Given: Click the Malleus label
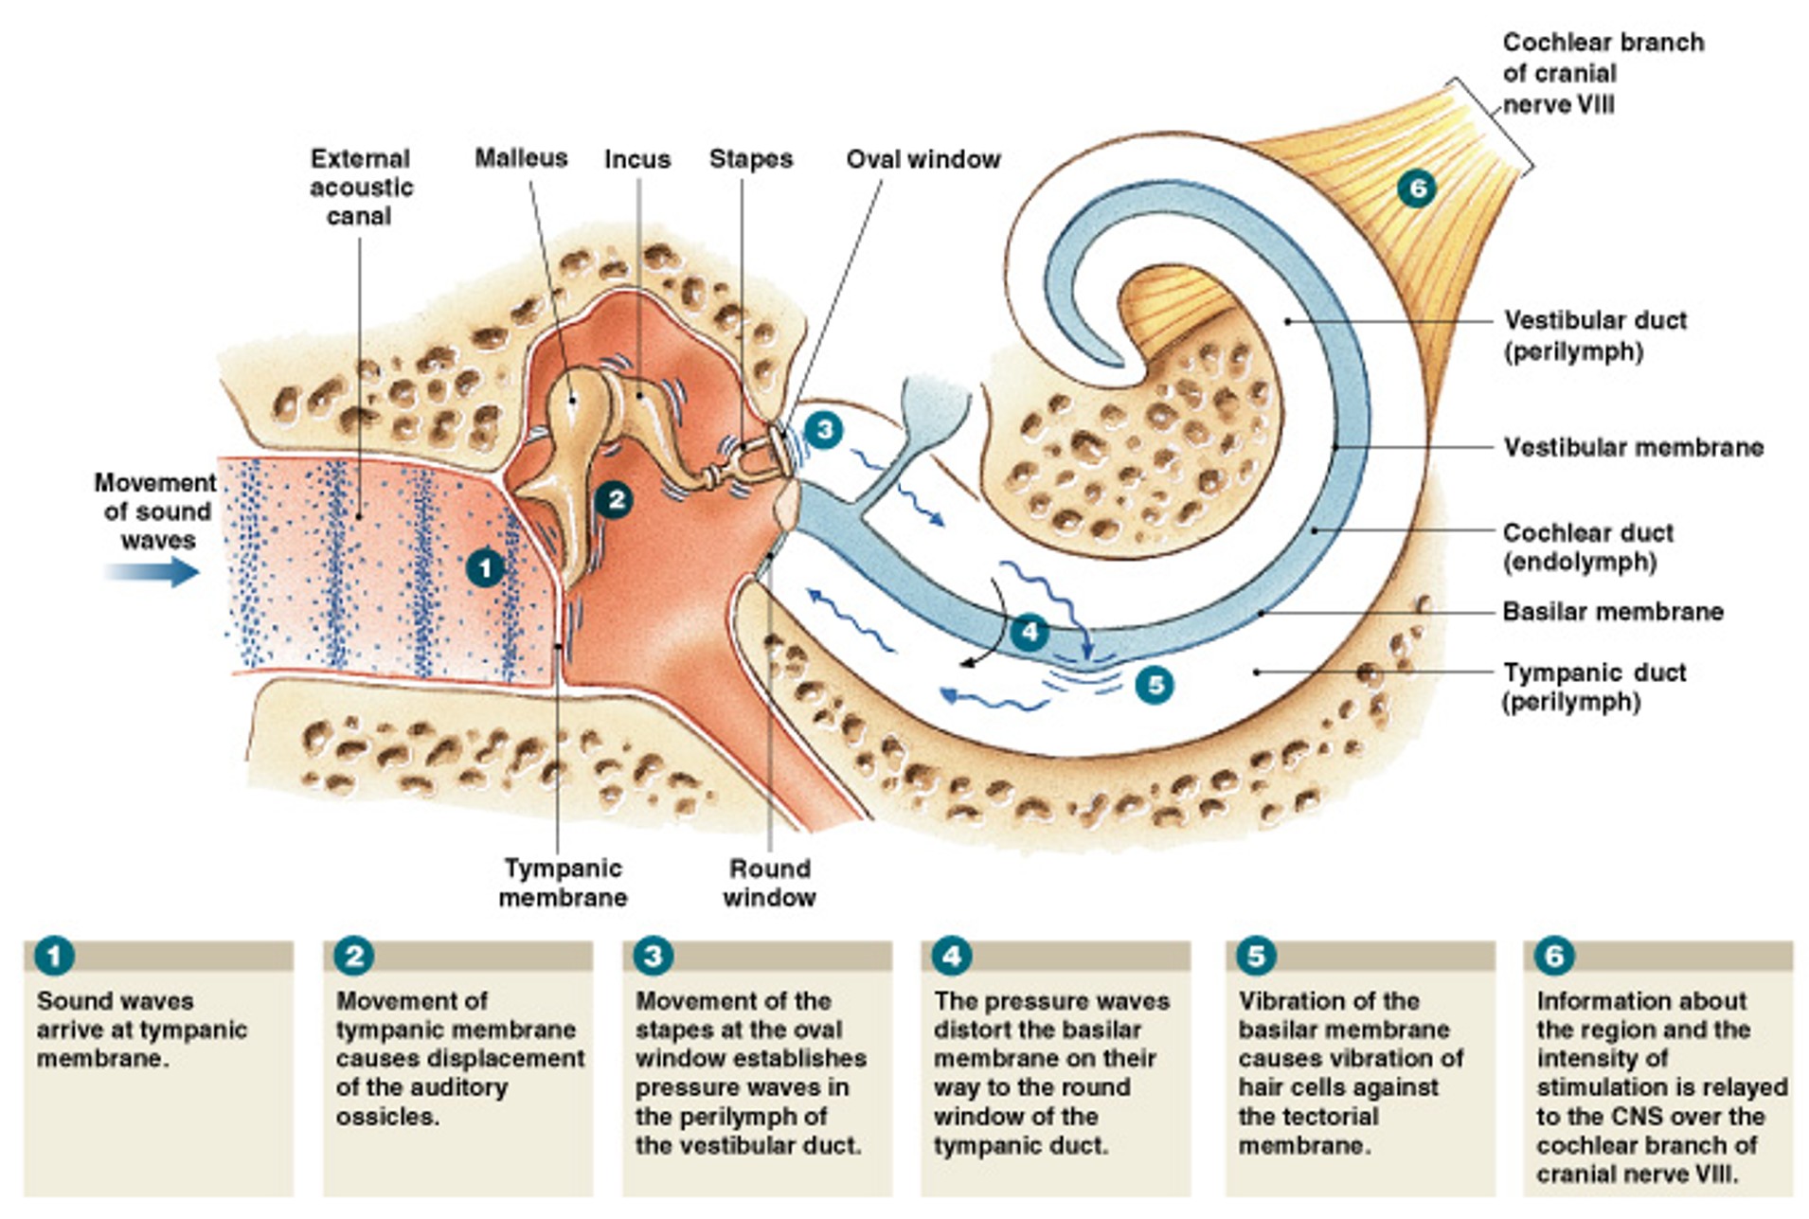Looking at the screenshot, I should [x=521, y=157].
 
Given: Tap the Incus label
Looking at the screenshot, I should [x=637, y=159].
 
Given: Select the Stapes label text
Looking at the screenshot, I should [x=751, y=159].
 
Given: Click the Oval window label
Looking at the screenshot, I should [x=923, y=159].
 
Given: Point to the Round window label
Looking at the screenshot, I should [x=769, y=883].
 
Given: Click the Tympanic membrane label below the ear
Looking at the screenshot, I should [x=563, y=883].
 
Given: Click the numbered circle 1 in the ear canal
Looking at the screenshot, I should [x=486, y=568].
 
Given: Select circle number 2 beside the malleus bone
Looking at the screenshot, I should [x=615, y=499].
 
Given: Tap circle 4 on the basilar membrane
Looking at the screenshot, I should [x=1029, y=632].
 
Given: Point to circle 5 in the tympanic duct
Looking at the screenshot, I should [x=1155, y=685].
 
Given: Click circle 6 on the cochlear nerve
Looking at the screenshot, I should [x=1417, y=188].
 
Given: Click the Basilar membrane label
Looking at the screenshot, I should [x=1612, y=612].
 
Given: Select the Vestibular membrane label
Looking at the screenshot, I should [x=1633, y=447].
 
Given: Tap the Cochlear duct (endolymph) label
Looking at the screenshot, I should [x=1587, y=547].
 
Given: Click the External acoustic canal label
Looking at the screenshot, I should [x=361, y=187].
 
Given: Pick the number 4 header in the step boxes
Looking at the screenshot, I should [x=952, y=956].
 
